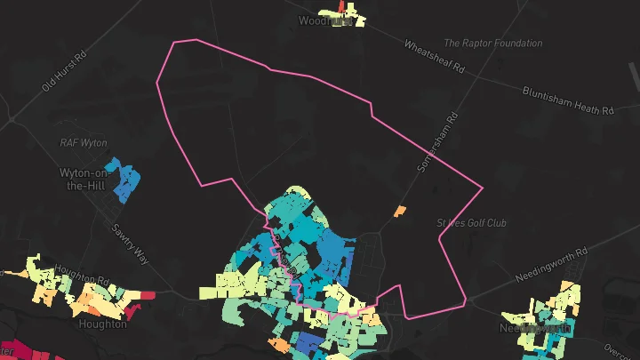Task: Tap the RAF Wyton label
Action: (83, 142)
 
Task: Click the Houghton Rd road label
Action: (81, 273)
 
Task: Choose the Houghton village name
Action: (102, 324)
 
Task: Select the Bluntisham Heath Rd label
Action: (569, 100)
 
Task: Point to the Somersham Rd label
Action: (436, 142)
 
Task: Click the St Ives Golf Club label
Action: (471, 222)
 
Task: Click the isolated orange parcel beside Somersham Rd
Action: (400, 211)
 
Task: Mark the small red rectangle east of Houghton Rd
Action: (147, 294)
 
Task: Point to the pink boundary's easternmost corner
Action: (482, 187)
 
